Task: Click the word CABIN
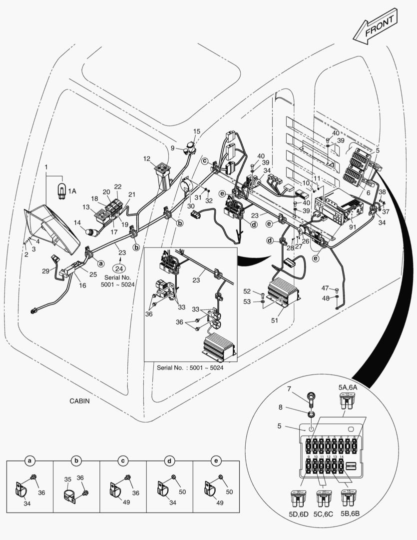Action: (80, 401)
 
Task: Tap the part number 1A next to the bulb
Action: (72, 190)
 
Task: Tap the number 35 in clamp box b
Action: (68, 478)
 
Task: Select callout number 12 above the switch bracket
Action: (146, 158)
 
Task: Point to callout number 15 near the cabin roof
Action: (197, 131)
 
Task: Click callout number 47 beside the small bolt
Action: (325, 288)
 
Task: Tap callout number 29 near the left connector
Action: (45, 270)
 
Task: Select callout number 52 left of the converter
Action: (247, 291)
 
